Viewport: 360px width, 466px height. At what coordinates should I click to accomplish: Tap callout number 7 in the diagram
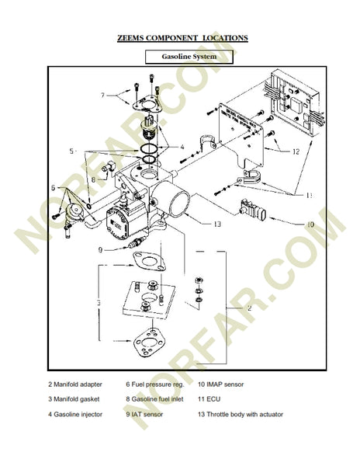click(102, 96)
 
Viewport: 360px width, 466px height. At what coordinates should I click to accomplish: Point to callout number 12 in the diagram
click(296, 152)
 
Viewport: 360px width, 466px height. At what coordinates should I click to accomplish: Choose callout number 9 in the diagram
click(101, 249)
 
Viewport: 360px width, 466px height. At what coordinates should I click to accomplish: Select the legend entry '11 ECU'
click(211, 399)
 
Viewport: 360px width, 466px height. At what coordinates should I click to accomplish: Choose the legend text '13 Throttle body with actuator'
click(240, 414)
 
